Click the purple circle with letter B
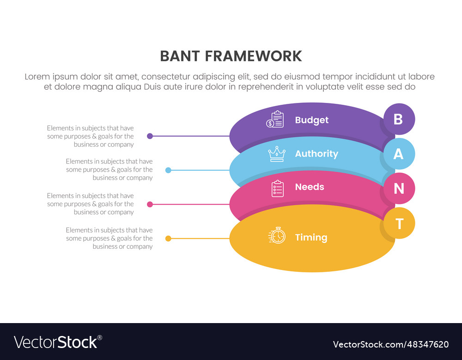399,119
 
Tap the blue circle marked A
399,154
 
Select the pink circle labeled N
399,188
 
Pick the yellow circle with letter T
399,223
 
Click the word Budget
311,120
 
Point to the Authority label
316,154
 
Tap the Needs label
310,187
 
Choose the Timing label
311,237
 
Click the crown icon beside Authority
277,154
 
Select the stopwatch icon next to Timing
277,235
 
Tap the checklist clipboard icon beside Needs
277,188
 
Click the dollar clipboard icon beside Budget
275,120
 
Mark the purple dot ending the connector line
150,136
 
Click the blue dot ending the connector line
168,170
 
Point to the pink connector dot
150,204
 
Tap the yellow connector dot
168,239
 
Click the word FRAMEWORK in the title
253,56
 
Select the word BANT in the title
180,56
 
